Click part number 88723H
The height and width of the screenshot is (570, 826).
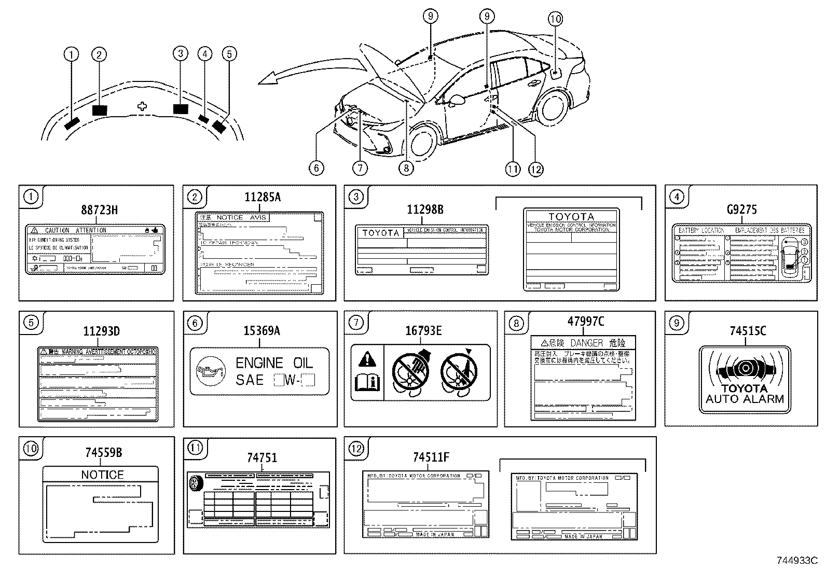[x=99, y=210]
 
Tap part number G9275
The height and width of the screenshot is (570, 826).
[x=741, y=209]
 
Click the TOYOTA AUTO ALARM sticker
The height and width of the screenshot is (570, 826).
[x=745, y=379]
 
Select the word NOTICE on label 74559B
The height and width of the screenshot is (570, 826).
[x=102, y=475]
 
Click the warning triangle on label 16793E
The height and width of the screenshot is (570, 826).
[x=367, y=358]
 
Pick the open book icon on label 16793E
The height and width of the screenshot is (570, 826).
[x=367, y=384]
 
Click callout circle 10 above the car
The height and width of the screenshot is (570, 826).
[x=555, y=19]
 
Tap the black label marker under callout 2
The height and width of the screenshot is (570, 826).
[x=99, y=110]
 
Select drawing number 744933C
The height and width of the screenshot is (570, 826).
[x=796, y=560]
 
